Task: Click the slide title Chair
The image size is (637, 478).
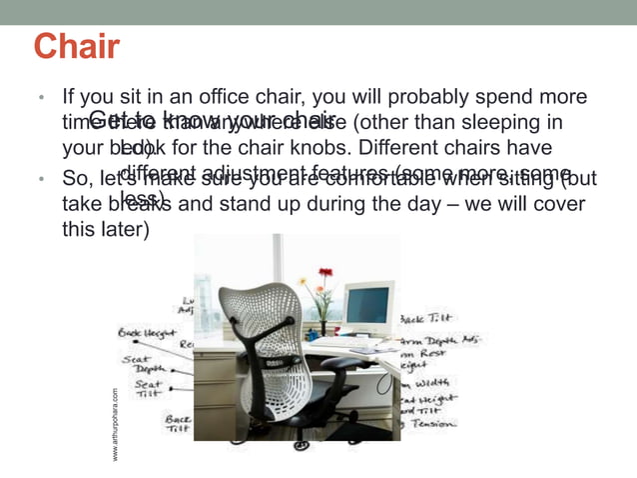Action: pyautogui.click(x=77, y=46)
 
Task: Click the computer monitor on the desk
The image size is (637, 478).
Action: pyautogui.click(x=367, y=305)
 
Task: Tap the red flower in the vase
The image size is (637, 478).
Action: pyautogui.click(x=325, y=273)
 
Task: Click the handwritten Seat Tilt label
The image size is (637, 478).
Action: pyautogui.click(x=149, y=388)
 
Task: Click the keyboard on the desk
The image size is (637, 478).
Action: pyautogui.click(x=344, y=343)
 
